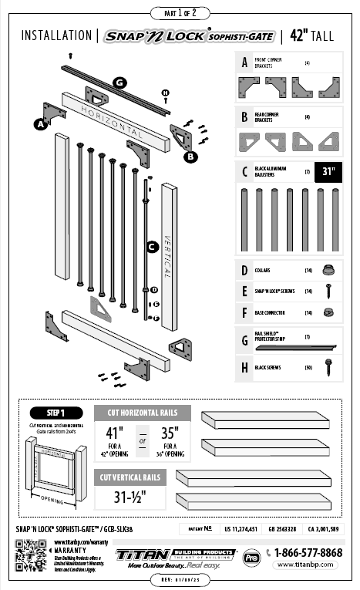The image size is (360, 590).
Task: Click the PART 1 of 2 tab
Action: point(180,13)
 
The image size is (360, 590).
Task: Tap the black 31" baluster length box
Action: point(329,171)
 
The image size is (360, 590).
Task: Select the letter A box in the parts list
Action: point(244,63)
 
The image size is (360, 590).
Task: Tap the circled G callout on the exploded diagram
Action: point(119,83)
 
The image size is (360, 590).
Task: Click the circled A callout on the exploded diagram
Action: point(39,123)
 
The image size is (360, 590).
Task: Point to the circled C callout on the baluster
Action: point(153,247)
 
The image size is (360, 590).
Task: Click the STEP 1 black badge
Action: point(55,413)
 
